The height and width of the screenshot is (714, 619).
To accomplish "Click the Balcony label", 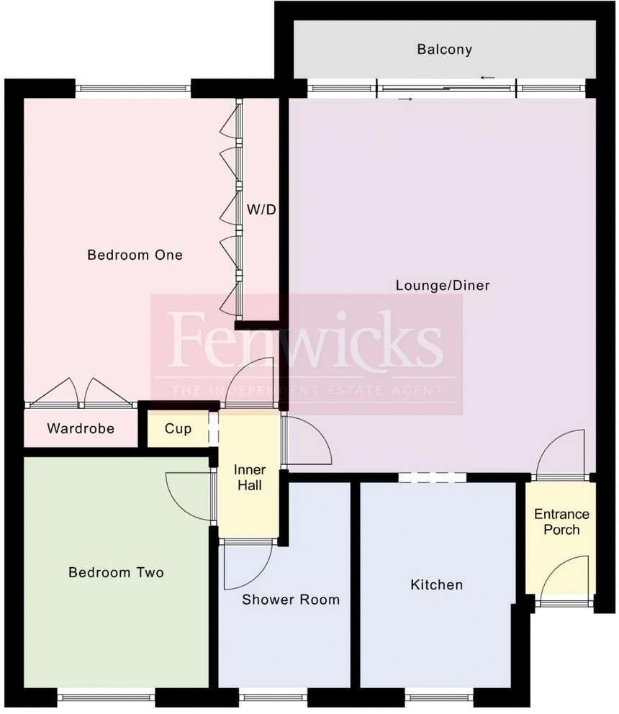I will coord(444,50).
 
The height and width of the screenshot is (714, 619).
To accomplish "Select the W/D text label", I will coord(261,210).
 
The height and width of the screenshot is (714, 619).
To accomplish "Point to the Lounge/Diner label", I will coord(442,286).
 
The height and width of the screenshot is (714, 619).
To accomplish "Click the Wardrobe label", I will coord(81,429).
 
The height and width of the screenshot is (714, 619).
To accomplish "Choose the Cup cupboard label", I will coord(178,429).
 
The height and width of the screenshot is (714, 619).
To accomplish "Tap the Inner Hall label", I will coord(248,478).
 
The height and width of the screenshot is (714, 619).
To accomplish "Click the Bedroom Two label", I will coord(116,573).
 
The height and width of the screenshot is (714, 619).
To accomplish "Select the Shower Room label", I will coord(290,600).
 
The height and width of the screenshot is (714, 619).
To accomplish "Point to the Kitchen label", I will coord(436,585).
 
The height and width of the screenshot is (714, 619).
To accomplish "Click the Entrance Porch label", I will coord(561,522).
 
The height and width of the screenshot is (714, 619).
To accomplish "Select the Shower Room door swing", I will coord(245,565).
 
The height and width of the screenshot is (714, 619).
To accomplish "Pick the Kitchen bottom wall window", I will coord(438,697).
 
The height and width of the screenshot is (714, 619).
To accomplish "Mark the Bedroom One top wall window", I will coord(133,89).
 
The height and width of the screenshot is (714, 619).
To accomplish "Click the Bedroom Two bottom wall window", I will coord(106,697).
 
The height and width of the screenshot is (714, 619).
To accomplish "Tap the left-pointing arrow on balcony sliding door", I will coord(488,78).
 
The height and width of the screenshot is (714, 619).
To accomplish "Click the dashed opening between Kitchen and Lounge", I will coord(432,476).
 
